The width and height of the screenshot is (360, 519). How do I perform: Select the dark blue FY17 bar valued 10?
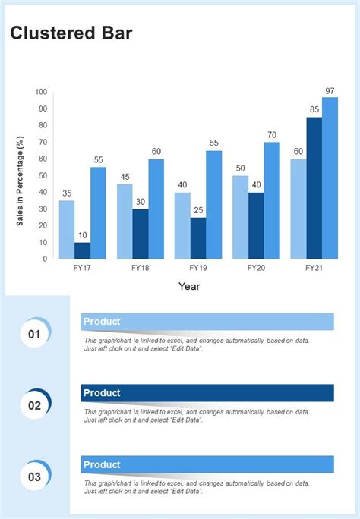82,250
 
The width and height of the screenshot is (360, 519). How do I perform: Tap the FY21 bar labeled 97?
330,178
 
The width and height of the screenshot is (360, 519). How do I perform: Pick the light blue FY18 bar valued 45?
125,222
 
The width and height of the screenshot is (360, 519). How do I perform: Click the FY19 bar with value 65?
213,205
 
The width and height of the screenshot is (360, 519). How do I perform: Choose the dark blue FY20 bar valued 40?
256,225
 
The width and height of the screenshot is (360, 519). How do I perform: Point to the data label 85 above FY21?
314,110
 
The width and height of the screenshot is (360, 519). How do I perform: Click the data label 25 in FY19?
197,210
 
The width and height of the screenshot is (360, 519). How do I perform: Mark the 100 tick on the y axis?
41,92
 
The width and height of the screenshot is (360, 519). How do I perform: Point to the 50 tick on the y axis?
43,175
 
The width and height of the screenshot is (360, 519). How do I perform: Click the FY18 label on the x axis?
140,268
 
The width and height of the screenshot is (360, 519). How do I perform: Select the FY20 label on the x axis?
256,268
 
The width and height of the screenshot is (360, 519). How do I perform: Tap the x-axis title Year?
189,286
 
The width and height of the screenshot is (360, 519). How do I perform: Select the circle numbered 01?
34,334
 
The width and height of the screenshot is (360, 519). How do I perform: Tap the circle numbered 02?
34,405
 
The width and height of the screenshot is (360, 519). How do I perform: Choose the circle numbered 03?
34,477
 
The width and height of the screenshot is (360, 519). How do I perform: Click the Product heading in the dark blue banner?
102,393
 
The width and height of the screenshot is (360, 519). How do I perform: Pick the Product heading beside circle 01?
102,322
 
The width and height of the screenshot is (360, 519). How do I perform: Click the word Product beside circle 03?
102,464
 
